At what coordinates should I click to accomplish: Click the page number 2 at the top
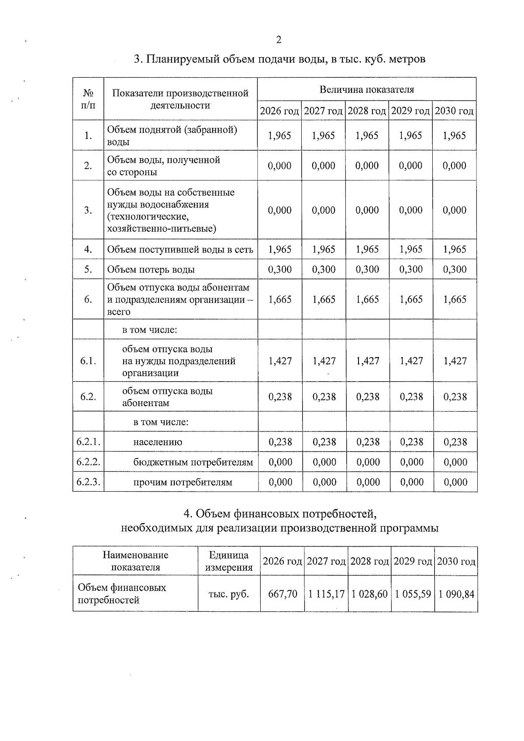coord(279,40)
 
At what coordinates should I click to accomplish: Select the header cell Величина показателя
coord(366,90)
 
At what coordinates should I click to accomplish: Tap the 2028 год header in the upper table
coord(367,111)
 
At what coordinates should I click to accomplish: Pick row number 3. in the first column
coord(88,210)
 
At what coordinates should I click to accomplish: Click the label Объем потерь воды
coord(151,269)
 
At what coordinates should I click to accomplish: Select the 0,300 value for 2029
coord(410,269)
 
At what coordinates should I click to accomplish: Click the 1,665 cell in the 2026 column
coord(279,300)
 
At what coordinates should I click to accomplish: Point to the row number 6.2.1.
coord(88,442)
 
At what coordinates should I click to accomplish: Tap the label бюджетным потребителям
coord(193,462)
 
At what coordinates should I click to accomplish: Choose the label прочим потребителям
coord(183,482)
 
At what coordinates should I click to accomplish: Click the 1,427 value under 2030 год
coord(455,361)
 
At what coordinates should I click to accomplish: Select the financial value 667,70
coord(283,594)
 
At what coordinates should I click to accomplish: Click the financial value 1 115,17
coord(326,594)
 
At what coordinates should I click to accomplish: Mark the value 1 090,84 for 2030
coord(456,594)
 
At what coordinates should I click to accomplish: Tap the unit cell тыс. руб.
coord(229,594)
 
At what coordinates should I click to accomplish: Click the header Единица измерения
coord(229,561)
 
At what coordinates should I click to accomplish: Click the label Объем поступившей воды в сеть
coord(180,249)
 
